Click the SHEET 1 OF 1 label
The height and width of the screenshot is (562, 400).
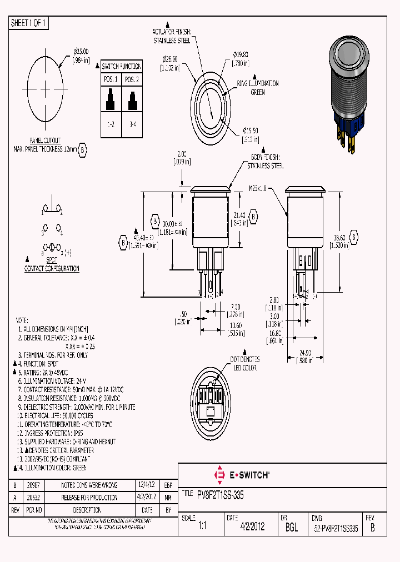pos(29,23)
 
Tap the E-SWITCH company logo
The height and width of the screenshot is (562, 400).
pos(242,475)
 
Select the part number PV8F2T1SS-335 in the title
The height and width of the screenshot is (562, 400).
pos(220,494)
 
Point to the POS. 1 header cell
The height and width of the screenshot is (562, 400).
pos(111,79)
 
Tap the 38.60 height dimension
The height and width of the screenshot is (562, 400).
pos(341,238)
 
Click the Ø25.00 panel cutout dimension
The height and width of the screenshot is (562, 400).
pos(81,51)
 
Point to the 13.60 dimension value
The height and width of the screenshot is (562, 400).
pos(236,326)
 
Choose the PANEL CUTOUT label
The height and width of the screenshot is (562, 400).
pos(45,141)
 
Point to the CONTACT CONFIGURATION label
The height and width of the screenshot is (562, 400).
pos(52,269)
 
